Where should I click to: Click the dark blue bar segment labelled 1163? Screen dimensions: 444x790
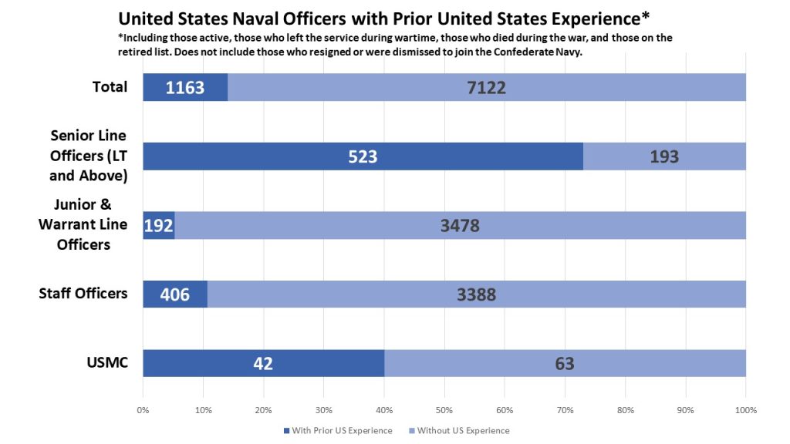[185, 87]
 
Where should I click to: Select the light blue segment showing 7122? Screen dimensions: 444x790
[486, 87]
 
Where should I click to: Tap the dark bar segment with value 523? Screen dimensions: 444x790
[363, 156]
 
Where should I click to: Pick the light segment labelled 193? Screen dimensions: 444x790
[664, 156]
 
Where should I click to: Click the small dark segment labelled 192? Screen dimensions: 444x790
[159, 225]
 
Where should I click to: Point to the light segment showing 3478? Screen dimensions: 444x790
[460, 225]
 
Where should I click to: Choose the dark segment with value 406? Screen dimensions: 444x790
[175, 294]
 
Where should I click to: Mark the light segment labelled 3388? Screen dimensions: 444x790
[476, 294]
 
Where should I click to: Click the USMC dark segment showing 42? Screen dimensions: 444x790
[263, 363]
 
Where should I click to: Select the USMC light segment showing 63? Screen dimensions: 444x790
[565, 363]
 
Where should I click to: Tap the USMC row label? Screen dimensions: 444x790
[107, 362]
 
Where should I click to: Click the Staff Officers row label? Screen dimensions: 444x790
[83, 293]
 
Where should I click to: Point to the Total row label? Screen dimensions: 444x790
[110, 86]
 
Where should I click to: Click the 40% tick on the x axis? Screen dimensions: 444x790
[384, 409]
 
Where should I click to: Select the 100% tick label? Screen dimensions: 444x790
[745, 409]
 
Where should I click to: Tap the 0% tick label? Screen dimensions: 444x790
[143, 409]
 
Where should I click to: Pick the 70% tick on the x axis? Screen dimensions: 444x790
[565, 409]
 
